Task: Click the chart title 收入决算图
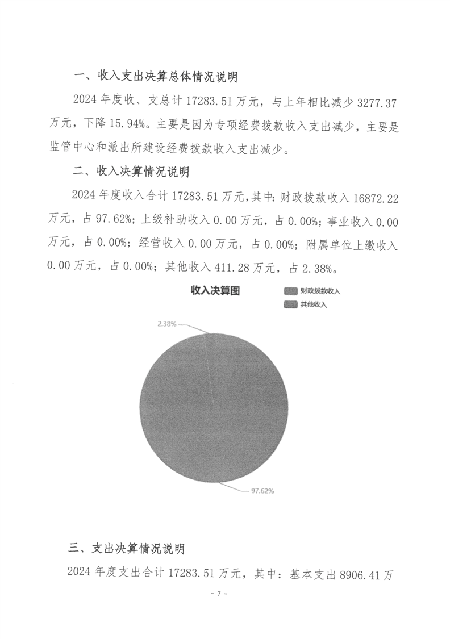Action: (215, 291)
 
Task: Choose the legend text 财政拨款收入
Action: (320, 291)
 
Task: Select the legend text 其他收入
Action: (313, 304)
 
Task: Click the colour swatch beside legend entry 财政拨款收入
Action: (291, 291)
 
